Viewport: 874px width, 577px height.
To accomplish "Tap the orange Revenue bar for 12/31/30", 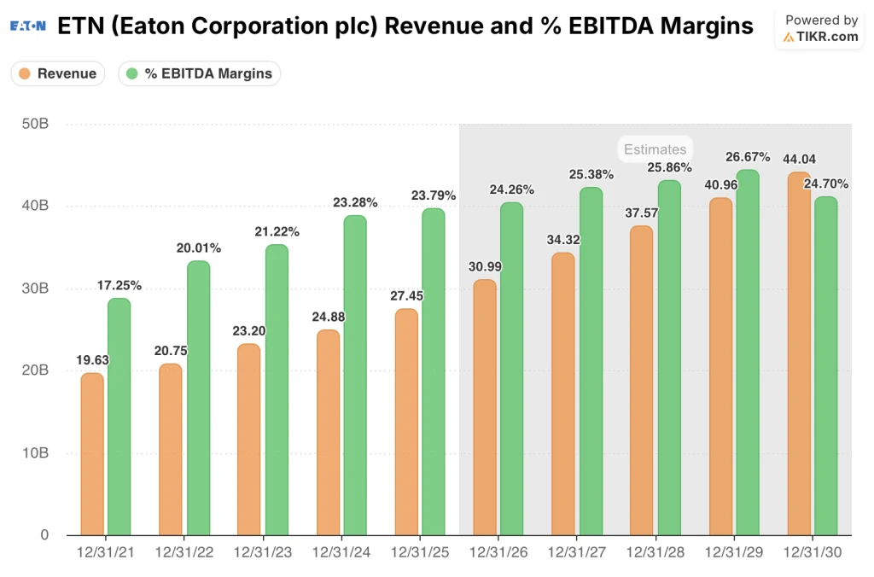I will tap(799, 353).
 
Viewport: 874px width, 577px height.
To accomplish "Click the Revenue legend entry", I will tap(58, 73).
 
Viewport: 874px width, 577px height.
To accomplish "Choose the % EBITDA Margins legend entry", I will tap(199, 73).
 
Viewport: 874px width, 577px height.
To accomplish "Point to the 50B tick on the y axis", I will tap(35, 124).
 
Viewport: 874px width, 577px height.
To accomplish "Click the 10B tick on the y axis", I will tap(35, 453).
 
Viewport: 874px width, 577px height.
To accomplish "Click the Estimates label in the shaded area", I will tap(655, 149).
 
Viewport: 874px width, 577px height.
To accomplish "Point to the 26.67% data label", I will tap(748, 157).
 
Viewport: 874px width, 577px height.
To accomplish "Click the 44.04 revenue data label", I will tap(799, 159).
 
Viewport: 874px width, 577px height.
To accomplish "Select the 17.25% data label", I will tap(119, 286).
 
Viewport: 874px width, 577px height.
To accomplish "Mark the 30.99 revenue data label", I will tap(485, 266).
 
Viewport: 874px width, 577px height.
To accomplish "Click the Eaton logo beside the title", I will tap(28, 26).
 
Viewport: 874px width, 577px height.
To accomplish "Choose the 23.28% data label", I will tap(355, 202).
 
